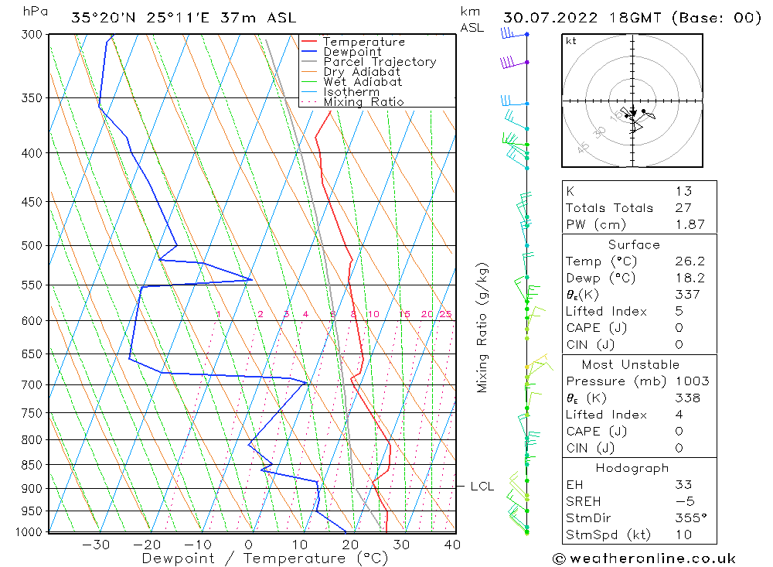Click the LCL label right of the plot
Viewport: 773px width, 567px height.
click(x=482, y=487)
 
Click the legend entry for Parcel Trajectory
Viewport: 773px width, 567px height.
click(x=380, y=62)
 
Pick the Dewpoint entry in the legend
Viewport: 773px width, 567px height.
click(x=352, y=52)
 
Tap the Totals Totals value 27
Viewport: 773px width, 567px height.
click(x=683, y=207)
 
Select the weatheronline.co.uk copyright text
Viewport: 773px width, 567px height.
click(x=644, y=558)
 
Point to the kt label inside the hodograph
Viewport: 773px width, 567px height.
click(x=571, y=41)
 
